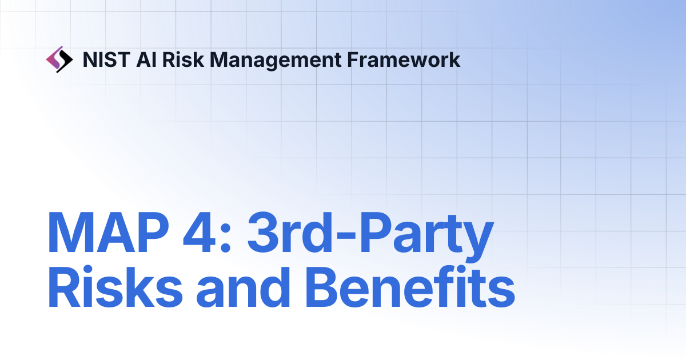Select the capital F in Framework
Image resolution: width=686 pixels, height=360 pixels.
click(x=354, y=60)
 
